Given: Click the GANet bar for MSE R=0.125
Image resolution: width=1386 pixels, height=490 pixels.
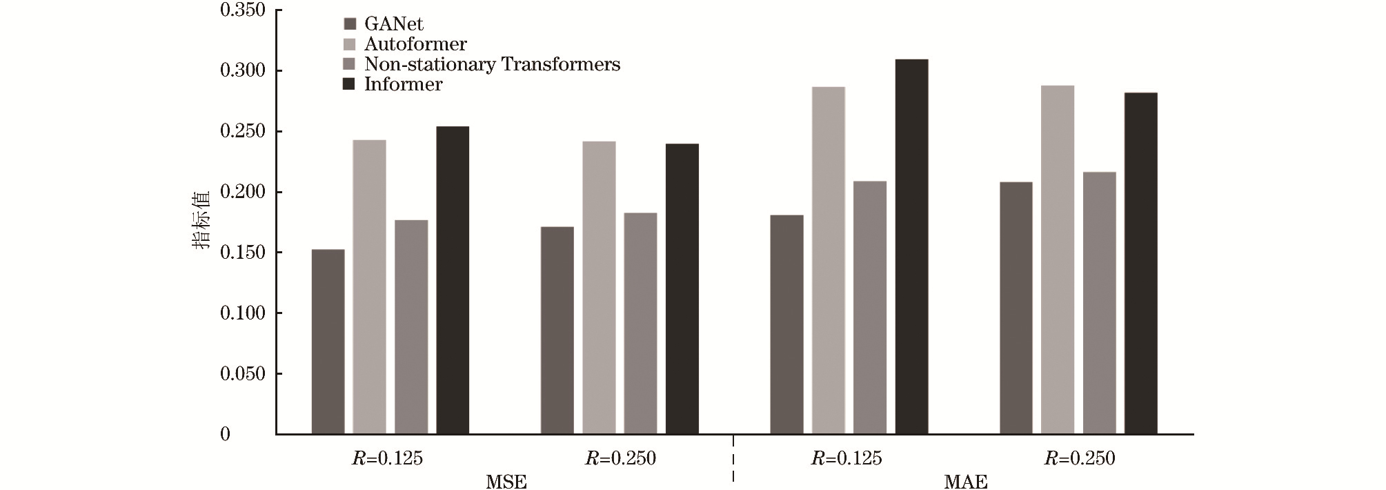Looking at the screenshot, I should click(x=328, y=342).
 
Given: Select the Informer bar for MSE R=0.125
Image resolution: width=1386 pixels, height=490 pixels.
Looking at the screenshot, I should click(x=453, y=280).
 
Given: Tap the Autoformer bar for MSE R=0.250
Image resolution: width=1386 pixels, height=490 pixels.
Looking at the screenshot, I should click(x=599, y=288).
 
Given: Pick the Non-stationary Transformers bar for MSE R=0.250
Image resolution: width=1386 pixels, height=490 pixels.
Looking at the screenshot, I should click(x=640, y=324).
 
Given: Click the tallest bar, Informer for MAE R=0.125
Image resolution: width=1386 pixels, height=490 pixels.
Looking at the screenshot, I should click(x=911, y=247).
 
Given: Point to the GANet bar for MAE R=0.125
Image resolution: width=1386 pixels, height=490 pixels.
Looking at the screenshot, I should click(x=786, y=324).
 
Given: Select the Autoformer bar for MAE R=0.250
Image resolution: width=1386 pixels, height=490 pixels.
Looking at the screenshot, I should click(x=1058, y=259).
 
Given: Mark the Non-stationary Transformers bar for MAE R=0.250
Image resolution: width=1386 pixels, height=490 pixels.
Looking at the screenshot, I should click(x=1099, y=303).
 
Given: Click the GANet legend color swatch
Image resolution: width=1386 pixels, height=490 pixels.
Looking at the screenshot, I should click(x=349, y=24).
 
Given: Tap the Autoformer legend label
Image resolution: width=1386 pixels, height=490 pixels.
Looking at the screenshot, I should click(x=415, y=44).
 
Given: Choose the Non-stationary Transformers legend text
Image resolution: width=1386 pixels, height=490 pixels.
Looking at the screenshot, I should click(x=492, y=64).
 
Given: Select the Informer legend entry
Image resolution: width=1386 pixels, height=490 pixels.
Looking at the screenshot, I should click(x=403, y=84).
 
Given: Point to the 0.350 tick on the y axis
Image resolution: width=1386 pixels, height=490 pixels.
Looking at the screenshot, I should click(x=242, y=10).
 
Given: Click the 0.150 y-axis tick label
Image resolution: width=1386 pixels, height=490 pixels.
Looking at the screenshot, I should click(x=242, y=253).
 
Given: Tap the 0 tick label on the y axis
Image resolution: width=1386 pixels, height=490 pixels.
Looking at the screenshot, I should click(x=225, y=434).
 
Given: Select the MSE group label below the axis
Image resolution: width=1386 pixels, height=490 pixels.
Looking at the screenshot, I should click(x=506, y=482).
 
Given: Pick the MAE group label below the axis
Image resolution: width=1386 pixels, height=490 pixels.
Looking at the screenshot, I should click(x=966, y=482).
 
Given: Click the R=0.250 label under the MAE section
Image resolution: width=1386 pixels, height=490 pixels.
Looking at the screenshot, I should click(x=1080, y=459).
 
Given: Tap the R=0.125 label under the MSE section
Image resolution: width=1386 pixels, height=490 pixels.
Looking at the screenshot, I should click(x=387, y=459).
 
